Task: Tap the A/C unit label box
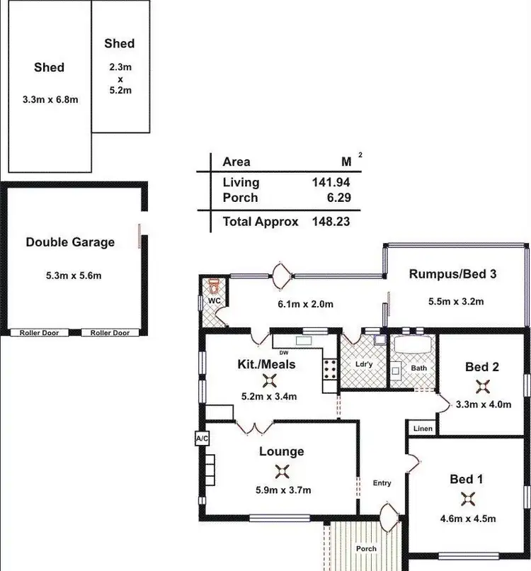pos(202,439)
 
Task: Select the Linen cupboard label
pos(422,429)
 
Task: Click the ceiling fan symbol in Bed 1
pos(467,499)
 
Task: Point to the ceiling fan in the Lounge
pos(282,470)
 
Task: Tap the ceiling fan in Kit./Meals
pos(266,380)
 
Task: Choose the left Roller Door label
pos(40,333)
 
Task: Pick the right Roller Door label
pos(110,333)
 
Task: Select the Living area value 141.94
pos(331,182)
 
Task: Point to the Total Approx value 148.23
pos(331,221)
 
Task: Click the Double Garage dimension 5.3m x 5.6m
pos(69,276)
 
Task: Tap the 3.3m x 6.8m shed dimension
pos(50,100)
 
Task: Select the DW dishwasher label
pos(284,352)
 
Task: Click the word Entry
pos(382,483)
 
